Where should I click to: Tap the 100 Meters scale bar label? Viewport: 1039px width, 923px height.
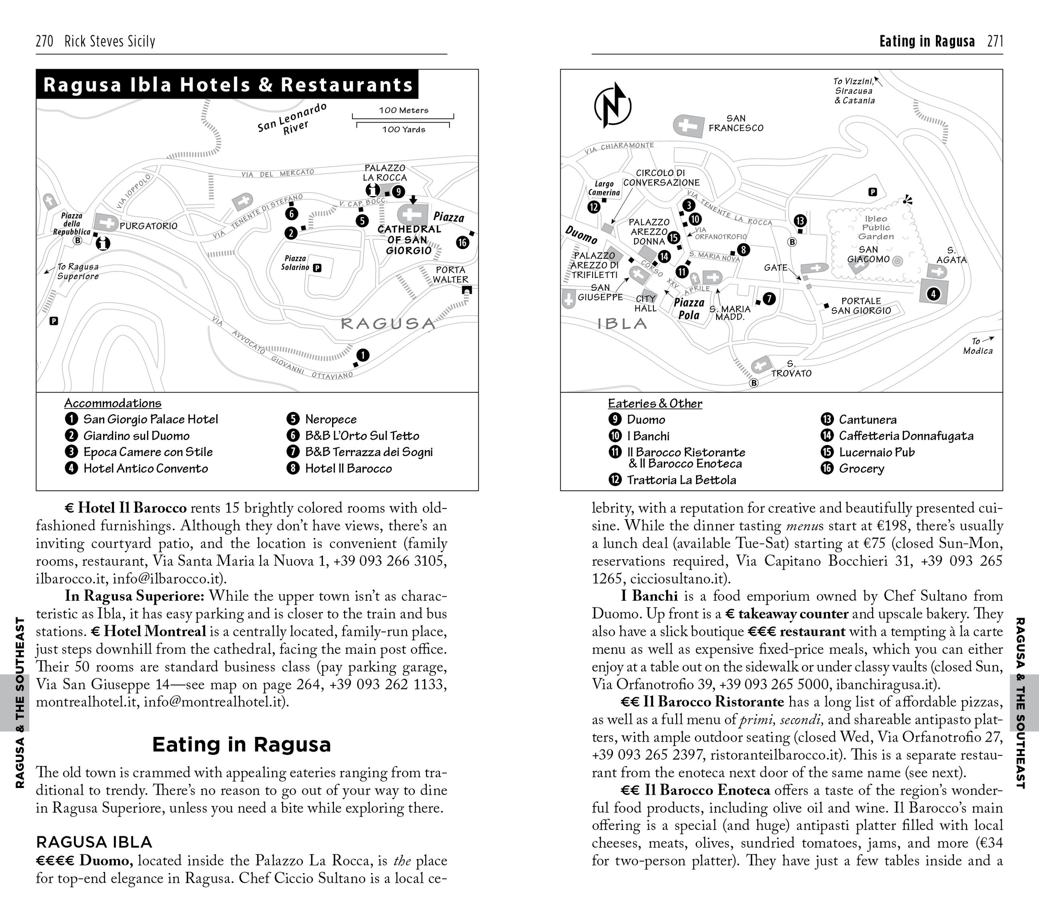[403, 110]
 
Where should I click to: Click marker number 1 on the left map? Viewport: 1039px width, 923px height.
[362, 355]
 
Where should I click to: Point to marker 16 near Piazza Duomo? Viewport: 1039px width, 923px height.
[462, 242]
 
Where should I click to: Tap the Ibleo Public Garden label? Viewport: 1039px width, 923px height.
[875, 228]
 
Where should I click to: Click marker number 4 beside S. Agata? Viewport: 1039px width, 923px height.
[933, 294]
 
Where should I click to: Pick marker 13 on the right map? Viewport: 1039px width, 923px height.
[800, 220]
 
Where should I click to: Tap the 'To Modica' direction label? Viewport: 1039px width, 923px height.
[977, 346]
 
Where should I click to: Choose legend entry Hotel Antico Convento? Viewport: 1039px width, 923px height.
[145, 468]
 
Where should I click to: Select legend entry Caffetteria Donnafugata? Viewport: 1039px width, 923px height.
[906, 436]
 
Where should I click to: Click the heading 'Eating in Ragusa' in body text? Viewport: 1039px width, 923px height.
[241, 745]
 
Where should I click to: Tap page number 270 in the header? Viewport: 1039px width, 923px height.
[44, 41]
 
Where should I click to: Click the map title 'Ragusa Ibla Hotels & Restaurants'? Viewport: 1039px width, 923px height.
[228, 84]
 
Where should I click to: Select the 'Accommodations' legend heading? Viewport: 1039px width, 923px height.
[113, 403]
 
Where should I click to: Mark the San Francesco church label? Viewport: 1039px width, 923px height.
[736, 123]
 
